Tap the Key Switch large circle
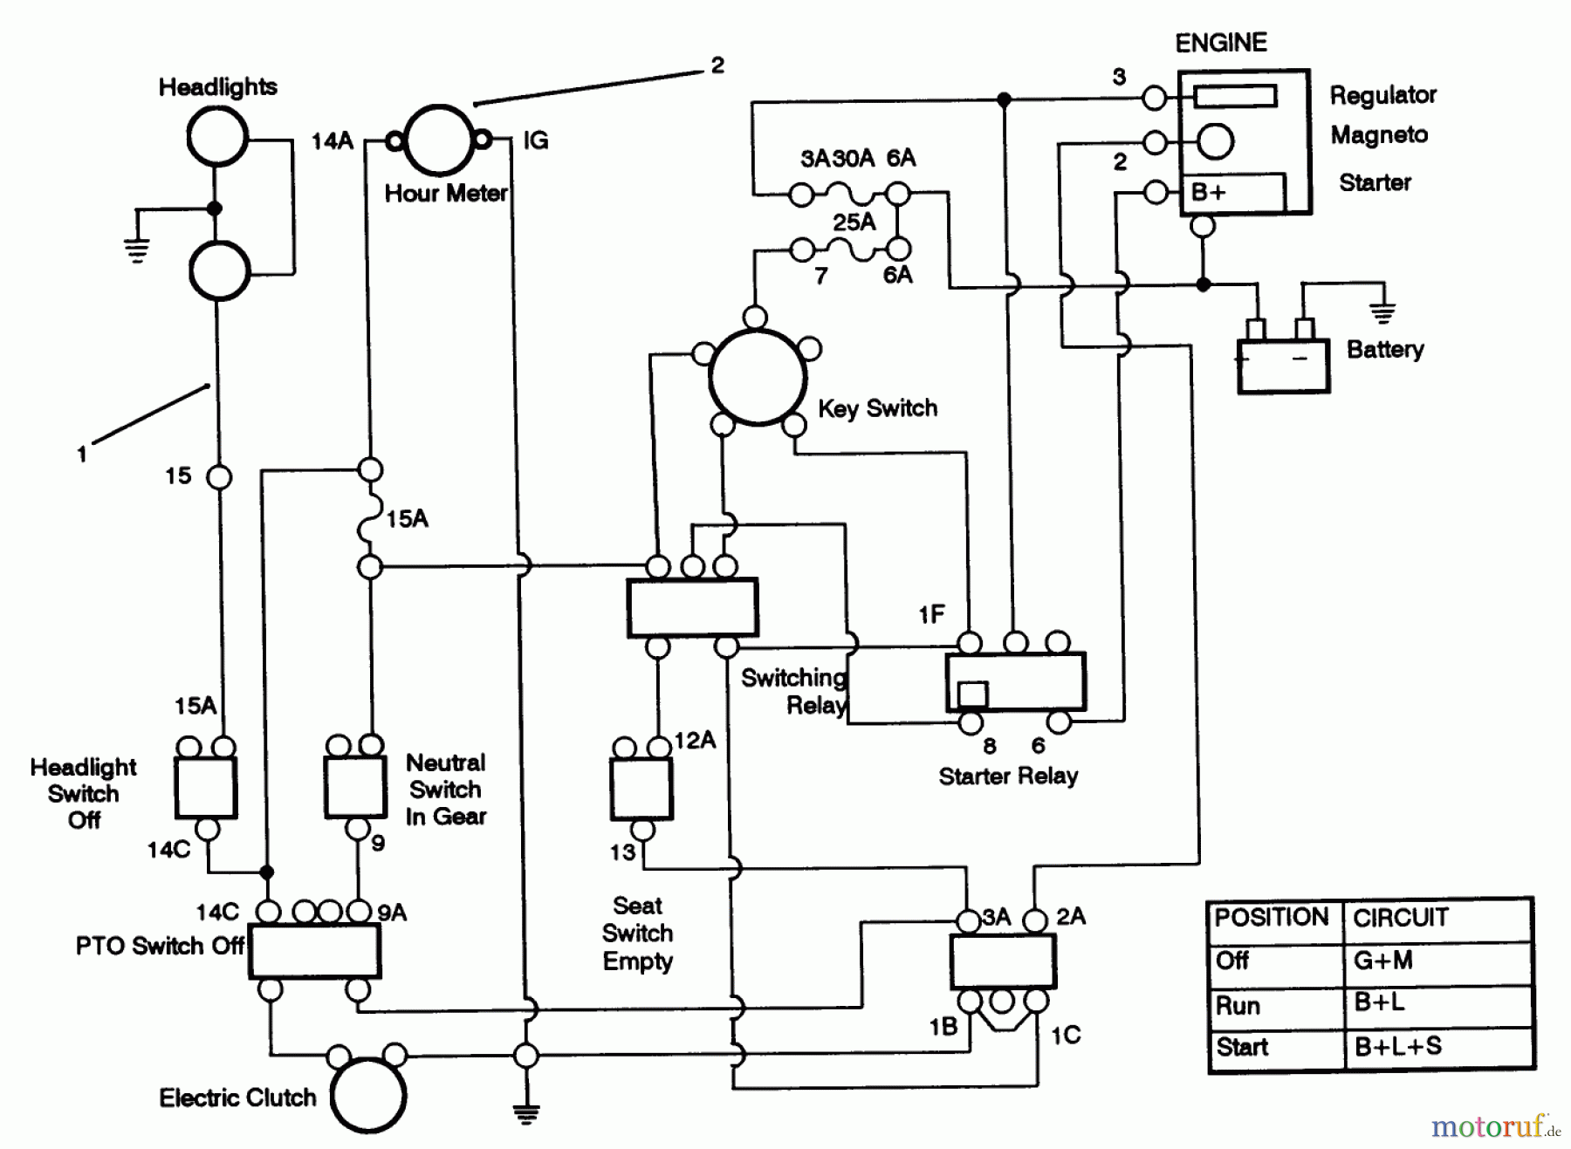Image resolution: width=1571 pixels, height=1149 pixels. (x=757, y=378)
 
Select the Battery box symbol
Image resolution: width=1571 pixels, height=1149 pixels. (x=1283, y=366)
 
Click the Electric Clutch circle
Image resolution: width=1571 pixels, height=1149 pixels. (x=368, y=1096)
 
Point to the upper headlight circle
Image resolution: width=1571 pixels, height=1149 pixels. (x=217, y=137)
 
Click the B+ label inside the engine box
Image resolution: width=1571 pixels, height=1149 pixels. (x=1209, y=192)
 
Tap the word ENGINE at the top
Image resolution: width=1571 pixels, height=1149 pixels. (x=1220, y=43)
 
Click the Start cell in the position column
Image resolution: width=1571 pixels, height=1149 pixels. (x=1241, y=1047)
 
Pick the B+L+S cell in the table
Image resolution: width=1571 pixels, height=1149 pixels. (x=1397, y=1047)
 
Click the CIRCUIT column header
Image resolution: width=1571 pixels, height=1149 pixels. (x=1400, y=918)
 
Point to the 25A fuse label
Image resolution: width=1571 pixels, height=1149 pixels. (x=854, y=222)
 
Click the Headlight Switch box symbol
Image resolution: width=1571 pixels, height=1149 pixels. (x=206, y=787)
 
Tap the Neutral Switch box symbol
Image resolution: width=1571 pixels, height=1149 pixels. (x=355, y=787)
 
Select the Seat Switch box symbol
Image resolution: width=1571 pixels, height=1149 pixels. (x=641, y=789)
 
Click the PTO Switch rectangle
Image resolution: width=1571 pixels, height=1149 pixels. (x=314, y=951)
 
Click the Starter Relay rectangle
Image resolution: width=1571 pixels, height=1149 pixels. (x=1016, y=681)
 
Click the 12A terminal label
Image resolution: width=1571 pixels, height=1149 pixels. (x=695, y=741)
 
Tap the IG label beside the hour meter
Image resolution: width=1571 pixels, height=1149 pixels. (x=535, y=140)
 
